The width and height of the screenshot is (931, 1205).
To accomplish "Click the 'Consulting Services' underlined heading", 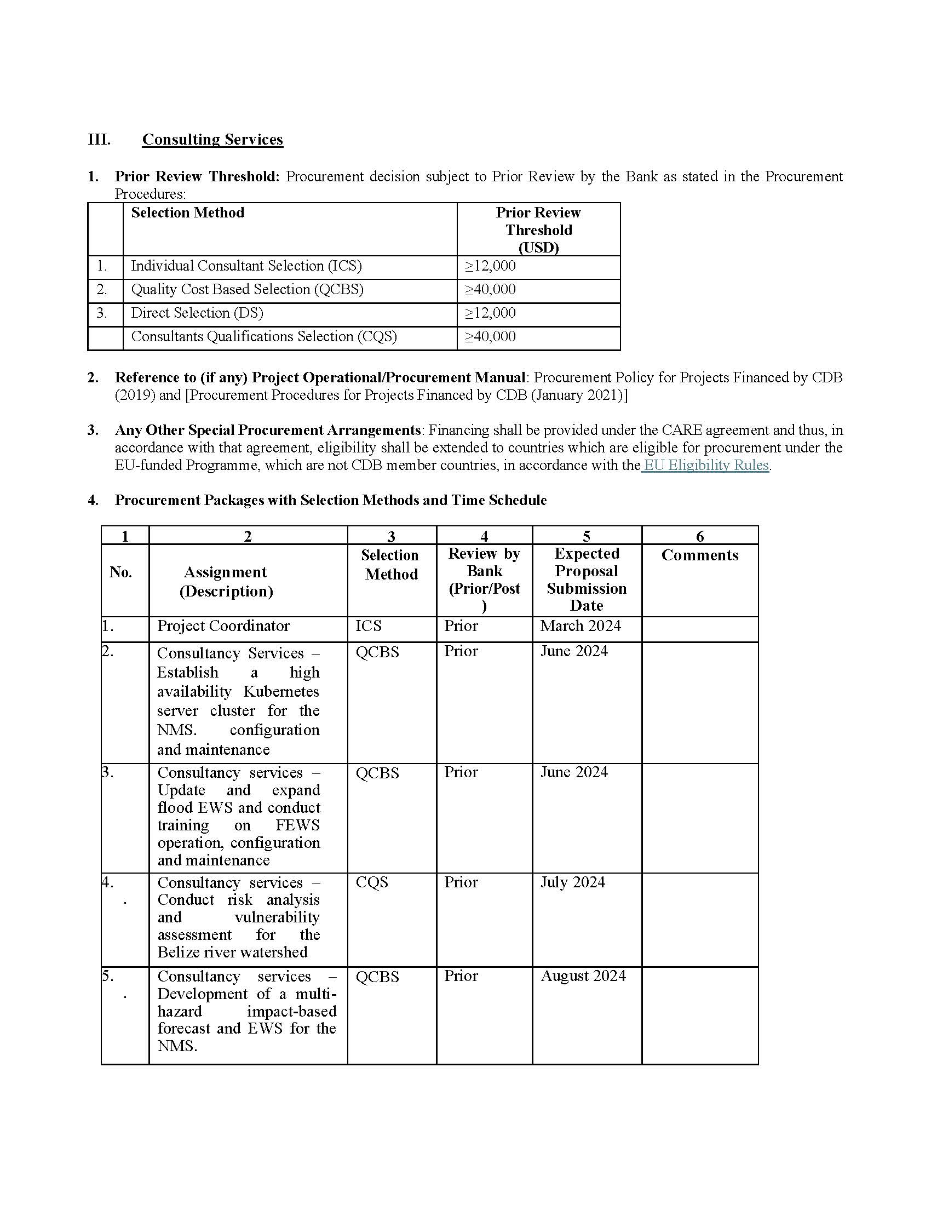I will [x=212, y=139].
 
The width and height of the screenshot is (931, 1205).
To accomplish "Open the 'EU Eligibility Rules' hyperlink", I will [x=706, y=465].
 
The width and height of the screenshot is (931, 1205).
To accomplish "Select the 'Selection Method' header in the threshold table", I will [x=187, y=213].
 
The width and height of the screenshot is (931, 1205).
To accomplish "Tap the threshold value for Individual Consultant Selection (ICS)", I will [x=490, y=266].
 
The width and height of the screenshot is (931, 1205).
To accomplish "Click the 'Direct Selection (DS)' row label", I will [x=197, y=313].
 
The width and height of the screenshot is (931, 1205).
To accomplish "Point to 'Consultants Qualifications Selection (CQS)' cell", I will [x=263, y=336].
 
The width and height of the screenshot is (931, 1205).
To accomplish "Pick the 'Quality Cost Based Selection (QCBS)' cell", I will [x=247, y=290].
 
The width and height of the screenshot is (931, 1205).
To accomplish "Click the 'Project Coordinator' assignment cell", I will [x=223, y=626].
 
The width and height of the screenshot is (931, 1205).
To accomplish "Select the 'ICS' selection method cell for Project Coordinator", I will [x=369, y=626].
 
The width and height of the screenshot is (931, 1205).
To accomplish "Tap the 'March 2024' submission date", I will [x=580, y=626].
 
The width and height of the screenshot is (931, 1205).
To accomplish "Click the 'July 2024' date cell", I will [x=572, y=882].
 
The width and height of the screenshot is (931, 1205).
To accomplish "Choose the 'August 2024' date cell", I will [x=583, y=976].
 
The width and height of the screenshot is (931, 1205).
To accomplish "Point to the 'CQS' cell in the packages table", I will [x=372, y=882].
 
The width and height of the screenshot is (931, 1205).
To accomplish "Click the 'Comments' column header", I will [x=699, y=555].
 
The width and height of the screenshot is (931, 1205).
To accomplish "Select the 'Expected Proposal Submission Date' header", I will [x=587, y=579].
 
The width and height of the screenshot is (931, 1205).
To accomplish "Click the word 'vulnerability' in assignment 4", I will [x=277, y=917].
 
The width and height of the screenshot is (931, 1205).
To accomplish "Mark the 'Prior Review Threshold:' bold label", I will [x=197, y=176].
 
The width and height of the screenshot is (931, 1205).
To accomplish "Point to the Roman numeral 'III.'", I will [x=99, y=139].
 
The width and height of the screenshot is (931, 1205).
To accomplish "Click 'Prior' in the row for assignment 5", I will [x=461, y=976].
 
